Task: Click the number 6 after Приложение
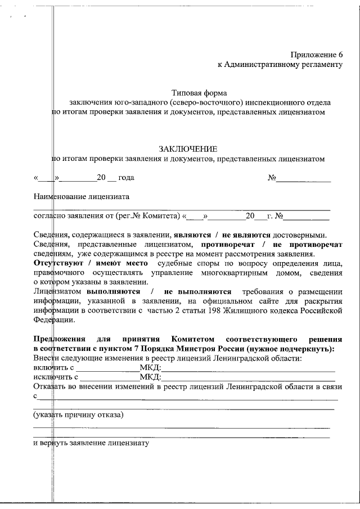340,55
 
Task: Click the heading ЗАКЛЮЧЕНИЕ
188,148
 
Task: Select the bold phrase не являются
248,235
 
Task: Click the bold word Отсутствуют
55,263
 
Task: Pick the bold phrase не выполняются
197,291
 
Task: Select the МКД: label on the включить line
150,368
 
